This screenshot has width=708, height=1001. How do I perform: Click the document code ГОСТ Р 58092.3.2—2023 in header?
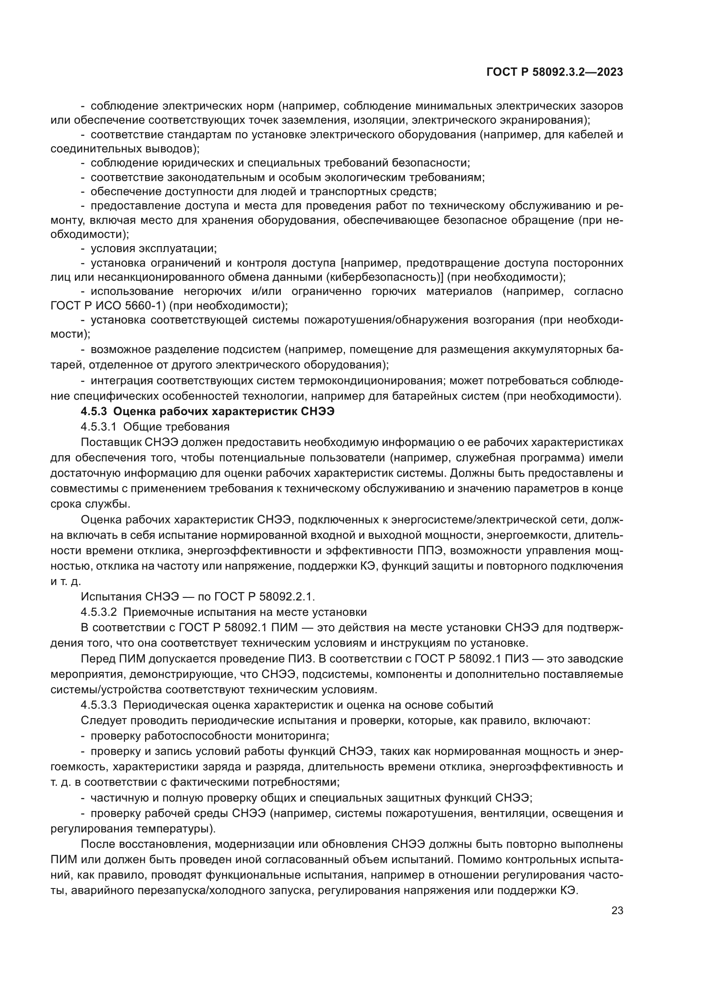pyautogui.click(x=554, y=72)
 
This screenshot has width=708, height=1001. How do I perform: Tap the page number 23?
pyautogui.click(x=617, y=910)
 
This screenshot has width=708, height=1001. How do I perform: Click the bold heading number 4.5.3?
pyautogui.click(x=94, y=412)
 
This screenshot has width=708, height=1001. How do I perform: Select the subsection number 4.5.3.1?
pyautogui.click(x=98, y=426)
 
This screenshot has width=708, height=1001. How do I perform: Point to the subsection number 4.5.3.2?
pyautogui.click(x=98, y=612)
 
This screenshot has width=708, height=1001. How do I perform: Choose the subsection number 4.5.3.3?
pyautogui.click(x=98, y=705)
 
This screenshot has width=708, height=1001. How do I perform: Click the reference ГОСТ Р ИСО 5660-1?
pyautogui.click(x=108, y=306)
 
